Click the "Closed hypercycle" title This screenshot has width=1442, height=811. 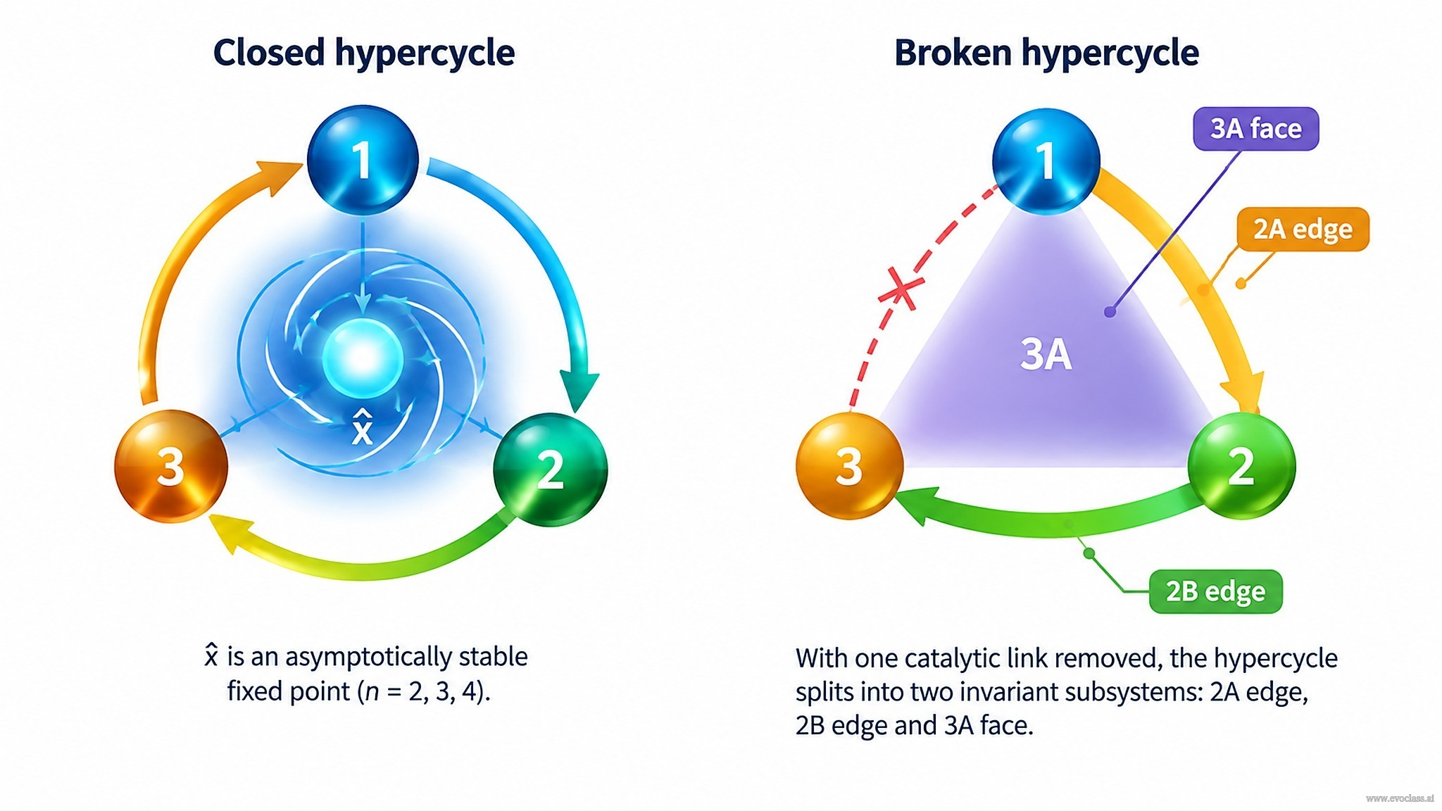364,54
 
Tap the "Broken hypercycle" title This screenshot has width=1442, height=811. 1046,54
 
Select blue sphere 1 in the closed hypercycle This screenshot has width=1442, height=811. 363,160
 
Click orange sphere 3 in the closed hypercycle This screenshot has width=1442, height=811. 171,466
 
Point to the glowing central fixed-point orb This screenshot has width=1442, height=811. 363,358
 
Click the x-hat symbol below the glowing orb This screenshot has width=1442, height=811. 362,427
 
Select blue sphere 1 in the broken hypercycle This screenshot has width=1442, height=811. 1046,161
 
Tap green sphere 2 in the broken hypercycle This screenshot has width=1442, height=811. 1241,466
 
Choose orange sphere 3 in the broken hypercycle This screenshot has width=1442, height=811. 850,466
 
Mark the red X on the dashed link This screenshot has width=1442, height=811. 901,289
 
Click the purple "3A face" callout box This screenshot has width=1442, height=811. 1256,129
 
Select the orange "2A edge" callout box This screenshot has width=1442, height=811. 1303,230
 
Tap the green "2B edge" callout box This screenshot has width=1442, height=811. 1215,591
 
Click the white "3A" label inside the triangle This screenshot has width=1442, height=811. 1046,354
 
